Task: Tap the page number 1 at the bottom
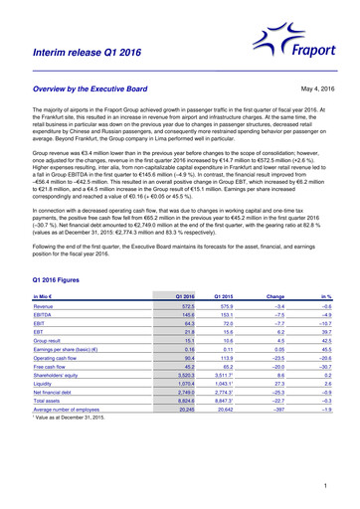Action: click(324, 485)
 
